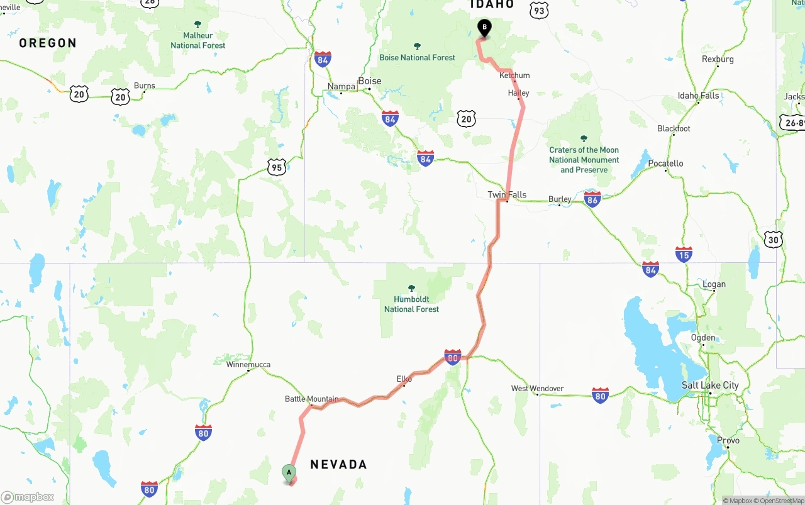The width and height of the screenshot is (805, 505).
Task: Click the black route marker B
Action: (484, 28)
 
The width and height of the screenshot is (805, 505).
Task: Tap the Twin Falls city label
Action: (507, 194)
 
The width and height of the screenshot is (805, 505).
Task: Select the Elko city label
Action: (404, 379)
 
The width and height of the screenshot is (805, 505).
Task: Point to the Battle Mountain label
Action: (311, 399)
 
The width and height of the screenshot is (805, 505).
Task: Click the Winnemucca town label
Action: (248, 364)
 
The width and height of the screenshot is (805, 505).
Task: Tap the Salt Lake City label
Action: (710, 385)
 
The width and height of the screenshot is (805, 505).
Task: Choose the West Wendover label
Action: (537, 389)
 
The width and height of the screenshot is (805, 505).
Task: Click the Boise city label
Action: (370, 81)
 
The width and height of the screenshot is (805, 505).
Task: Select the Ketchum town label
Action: (514, 75)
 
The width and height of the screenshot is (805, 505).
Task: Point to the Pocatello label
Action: (665, 164)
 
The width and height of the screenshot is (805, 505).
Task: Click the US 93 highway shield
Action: (539, 10)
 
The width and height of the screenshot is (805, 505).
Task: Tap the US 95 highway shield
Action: (277, 167)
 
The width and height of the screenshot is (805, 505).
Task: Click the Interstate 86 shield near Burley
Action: (592, 199)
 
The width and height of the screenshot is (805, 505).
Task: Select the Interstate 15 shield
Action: (684, 254)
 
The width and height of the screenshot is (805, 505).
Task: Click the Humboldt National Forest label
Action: (411, 304)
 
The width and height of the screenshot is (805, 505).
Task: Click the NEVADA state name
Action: (338, 464)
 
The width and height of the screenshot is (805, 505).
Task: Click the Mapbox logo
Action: (28, 497)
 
